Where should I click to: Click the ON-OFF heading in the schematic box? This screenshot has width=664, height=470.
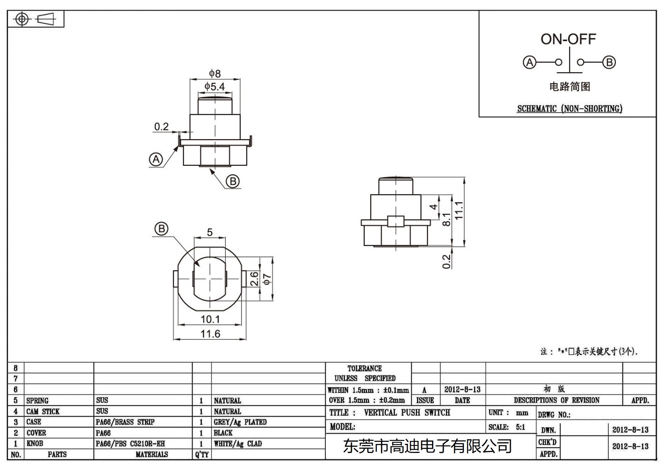[x=568, y=39]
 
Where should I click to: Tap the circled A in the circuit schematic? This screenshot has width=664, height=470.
[x=529, y=62]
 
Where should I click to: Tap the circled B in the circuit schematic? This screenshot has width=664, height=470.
[x=609, y=62]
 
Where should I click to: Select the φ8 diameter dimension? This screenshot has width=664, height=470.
[x=215, y=74]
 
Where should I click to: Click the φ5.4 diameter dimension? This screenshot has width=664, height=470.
[x=215, y=86]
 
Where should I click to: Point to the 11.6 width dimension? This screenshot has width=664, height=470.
[x=210, y=334]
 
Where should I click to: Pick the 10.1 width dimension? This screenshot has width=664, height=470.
[x=210, y=319]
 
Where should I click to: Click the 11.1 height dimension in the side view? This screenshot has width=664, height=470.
[x=459, y=210]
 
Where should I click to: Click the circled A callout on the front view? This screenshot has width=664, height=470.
[x=156, y=159]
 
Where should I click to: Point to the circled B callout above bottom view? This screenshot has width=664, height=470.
[x=161, y=229]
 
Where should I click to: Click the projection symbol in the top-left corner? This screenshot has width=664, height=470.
[x=36, y=19]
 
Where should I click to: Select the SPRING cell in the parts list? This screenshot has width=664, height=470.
[x=37, y=401]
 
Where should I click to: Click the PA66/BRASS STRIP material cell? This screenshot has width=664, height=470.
[x=125, y=422]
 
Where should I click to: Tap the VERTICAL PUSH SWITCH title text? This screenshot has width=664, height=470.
[x=407, y=413]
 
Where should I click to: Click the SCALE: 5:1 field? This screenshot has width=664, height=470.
[x=507, y=427]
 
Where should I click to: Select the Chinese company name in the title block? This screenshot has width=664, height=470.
[x=427, y=446]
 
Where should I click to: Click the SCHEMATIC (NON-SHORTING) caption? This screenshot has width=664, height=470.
[x=569, y=109]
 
